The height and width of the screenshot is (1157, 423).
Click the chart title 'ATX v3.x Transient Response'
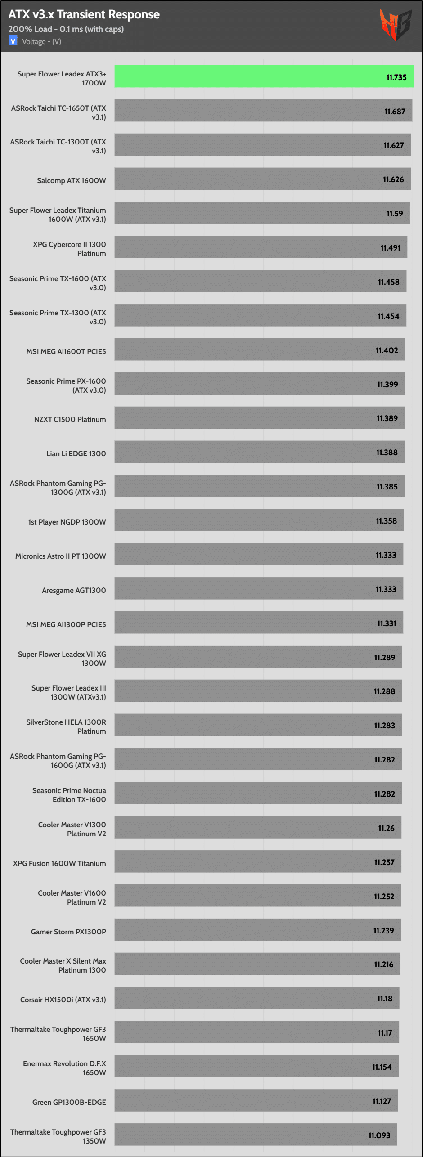[84, 14]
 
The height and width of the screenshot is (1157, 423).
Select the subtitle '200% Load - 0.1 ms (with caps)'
[66, 29]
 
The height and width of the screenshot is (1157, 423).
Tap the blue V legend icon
[13, 41]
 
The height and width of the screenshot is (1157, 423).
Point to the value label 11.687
[395, 112]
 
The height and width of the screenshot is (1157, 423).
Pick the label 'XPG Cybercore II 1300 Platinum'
[69, 249]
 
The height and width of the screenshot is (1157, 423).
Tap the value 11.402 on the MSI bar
[387, 350]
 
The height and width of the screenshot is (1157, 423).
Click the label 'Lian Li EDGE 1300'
[76, 453]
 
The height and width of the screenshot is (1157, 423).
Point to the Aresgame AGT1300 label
[74, 590]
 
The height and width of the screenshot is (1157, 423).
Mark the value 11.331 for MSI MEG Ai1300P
[387, 623]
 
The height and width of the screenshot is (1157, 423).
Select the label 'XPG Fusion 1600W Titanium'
[59, 863]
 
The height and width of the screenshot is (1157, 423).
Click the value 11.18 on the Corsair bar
[385, 999]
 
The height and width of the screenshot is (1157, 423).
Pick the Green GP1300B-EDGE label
[69, 1102]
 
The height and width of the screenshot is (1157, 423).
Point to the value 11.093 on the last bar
[379, 1135]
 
